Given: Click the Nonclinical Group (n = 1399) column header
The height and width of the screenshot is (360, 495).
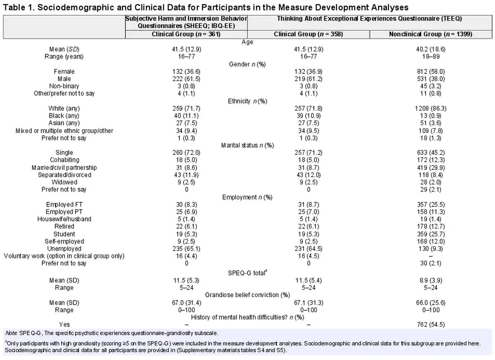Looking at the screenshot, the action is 431,34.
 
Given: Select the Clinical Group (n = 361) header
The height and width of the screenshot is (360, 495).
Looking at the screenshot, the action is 186,34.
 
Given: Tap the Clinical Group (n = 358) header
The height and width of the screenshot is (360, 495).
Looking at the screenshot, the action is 308,34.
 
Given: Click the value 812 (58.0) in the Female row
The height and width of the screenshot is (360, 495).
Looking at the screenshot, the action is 431,72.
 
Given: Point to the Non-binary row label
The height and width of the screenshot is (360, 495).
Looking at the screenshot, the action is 64,86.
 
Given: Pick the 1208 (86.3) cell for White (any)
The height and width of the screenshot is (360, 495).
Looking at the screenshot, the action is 431,109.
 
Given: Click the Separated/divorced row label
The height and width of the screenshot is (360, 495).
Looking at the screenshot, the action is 64,175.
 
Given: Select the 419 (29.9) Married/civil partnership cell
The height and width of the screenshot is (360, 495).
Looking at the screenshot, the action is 431,168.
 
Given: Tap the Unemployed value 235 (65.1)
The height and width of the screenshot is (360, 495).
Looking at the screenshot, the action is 186,249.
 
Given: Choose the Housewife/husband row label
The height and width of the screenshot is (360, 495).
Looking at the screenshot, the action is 64,219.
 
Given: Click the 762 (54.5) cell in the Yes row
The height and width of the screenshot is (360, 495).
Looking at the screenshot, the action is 431,324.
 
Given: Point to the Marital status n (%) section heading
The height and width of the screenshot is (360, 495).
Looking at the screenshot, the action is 247,145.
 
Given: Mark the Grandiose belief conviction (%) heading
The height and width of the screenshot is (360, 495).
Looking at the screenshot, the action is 247,295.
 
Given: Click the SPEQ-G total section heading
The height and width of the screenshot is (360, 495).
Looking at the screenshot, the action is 247,273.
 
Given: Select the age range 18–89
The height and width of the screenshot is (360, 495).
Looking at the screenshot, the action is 431,57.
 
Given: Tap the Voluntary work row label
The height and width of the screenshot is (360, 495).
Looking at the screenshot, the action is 64,256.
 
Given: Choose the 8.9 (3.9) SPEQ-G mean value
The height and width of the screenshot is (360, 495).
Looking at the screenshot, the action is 431,280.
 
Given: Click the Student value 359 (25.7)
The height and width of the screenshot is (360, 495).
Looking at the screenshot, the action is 431,234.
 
